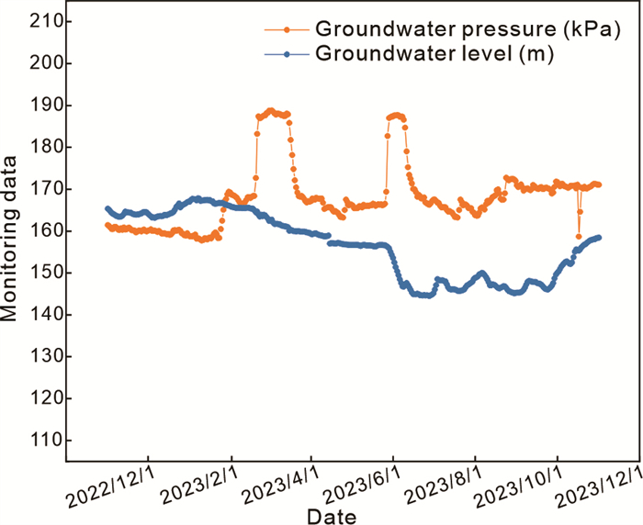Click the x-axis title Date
click(333, 516)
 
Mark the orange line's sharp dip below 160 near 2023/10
click(579, 236)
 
